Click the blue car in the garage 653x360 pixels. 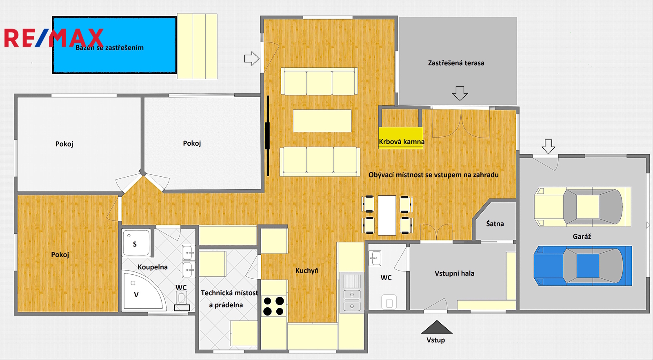(x=582, y=266)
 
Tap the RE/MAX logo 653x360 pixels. (x=54, y=38)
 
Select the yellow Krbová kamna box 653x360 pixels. (x=401, y=138)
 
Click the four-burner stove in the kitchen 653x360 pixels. (x=273, y=306)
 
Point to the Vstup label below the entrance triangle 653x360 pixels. (x=436, y=340)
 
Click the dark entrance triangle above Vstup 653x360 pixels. (x=437, y=327)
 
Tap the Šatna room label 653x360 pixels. (x=495, y=224)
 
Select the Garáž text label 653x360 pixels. (x=582, y=236)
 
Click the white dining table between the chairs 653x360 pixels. (x=387, y=215)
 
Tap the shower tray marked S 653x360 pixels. (x=136, y=242)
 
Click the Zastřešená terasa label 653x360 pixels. (x=456, y=63)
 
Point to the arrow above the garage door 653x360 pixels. (x=549, y=147)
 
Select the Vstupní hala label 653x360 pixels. (x=455, y=273)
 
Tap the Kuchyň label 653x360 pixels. (x=307, y=271)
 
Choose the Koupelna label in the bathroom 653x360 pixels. (x=153, y=267)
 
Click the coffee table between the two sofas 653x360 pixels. (x=322, y=121)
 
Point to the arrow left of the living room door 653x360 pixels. (x=251, y=58)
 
